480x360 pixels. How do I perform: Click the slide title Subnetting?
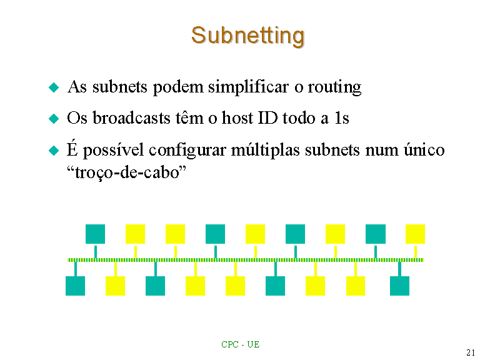coord(247,36)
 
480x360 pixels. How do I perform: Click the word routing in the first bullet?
coord(334,87)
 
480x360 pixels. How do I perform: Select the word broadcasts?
coord(131,118)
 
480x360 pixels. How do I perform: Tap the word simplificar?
coord(248,87)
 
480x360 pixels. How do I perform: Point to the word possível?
coord(114,150)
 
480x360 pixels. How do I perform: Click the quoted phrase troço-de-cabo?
coord(126,172)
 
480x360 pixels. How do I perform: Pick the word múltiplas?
coord(265,150)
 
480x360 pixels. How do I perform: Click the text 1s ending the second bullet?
coord(342,118)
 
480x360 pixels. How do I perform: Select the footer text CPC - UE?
coord(240,345)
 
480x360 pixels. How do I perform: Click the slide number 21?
coord(471,352)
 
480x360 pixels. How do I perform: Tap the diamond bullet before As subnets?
coord(54,87)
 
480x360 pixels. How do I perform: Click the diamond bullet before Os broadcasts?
coord(54,119)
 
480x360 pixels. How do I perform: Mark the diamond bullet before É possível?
coord(54,150)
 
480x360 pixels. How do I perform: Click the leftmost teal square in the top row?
coord(95,234)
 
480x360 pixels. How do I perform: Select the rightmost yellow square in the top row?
coord(415,234)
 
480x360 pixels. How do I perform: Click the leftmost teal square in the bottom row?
coord(75,286)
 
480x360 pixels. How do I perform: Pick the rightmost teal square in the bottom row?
coord(399,286)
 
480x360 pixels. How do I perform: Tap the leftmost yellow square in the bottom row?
coord(115,286)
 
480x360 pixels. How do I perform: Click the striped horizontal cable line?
coord(246,260)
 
